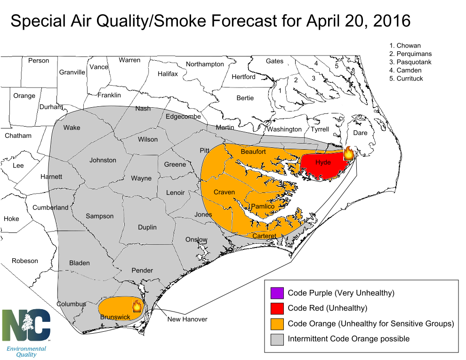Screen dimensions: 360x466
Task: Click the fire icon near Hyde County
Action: click(349, 153)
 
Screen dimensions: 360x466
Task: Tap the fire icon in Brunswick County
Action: click(137, 306)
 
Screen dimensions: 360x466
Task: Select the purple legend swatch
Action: click(277, 293)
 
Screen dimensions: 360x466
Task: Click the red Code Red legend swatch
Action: click(277, 308)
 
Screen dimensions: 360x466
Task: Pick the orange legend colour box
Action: click(277, 324)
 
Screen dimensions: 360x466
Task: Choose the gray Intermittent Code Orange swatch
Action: click(277, 339)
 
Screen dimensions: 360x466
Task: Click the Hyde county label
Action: click(323, 162)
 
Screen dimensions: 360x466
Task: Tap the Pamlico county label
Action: click(263, 207)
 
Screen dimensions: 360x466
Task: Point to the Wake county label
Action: click(72, 128)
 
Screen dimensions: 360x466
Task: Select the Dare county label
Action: click(360, 133)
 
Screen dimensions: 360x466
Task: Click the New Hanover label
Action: click(187, 319)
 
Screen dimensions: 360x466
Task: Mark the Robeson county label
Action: click(25, 261)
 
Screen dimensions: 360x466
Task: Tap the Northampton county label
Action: click(205, 64)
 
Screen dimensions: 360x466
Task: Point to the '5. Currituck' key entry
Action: click(406, 79)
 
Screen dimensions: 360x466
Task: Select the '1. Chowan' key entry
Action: click(405, 46)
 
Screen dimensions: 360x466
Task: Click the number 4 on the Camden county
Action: click(316, 63)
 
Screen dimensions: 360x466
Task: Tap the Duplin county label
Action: click(147, 227)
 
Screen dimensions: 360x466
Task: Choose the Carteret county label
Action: click(264, 236)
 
